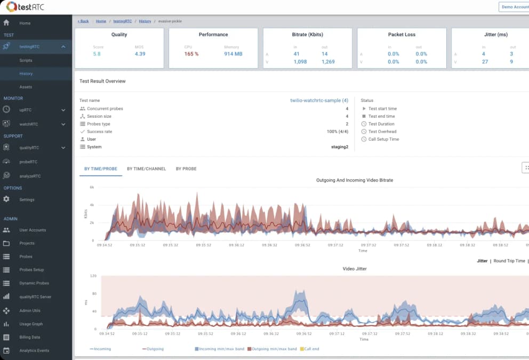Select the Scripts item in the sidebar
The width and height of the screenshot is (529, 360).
(x=26, y=60)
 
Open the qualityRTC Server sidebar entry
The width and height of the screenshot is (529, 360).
(x=35, y=297)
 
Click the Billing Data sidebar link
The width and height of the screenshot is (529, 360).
(x=30, y=337)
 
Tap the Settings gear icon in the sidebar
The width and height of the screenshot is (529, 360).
(x=6, y=199)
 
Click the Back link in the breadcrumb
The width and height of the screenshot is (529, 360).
(x=83, y=21)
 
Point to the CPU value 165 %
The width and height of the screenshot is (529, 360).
(x=191, y=54)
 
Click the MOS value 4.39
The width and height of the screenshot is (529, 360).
(x=140, y=54)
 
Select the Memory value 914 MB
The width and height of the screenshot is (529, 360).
(x=233, y=54)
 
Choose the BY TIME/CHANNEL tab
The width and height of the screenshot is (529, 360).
(x=146, y=169)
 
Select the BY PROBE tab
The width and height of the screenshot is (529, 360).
(x=186, y=169)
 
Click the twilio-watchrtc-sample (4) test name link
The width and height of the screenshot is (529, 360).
(x=319, y=100)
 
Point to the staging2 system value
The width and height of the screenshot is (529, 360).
(x=339, y=147)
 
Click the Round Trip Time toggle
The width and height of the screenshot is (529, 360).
(x=509, y=261)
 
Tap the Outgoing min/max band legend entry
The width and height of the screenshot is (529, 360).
(x=274, y=349)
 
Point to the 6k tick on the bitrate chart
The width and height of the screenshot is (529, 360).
(x=92, y=187)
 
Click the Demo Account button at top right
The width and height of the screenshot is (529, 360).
(x=514, y=7)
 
